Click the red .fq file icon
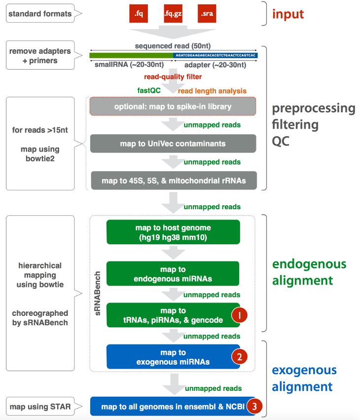pyautogui.click(x=138, y=14)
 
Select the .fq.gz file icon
pyautogui.click(x=173, y=14)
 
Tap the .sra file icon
pyautogui.click(x=207, y=14)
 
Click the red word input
pyautogui.click(x=288, y=14)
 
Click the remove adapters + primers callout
pyautogui.click(x=40, y=56)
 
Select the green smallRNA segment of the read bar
pyautogui.click(x=131, y=55)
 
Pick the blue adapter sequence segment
pyautogui.click(x=215, y=55)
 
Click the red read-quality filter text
pyautogui.click(x=173, y=77)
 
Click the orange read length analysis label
pyautogui.click(x=212, y=91)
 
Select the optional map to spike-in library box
pyautogui.click(x=173, y=107)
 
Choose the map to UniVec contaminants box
pyautogui.click(x=173, y=144)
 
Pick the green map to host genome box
pyautogui.click(x=173, y=232)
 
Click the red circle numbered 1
pyautogui.click(x=239, y=315)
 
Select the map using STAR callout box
pyautogui.click(x=40, y=407)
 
